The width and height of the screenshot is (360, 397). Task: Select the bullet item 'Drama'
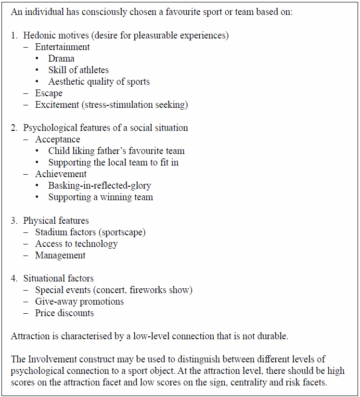(61, 59)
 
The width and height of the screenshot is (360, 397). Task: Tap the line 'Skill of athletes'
(78, 70)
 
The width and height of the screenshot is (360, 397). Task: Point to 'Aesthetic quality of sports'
(99, 82)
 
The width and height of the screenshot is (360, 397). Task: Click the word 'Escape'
(49, 93)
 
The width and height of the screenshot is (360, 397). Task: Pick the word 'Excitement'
(57, 105)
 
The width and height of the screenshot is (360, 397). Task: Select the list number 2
(14, 128)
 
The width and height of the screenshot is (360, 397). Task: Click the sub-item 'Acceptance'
(57, 140)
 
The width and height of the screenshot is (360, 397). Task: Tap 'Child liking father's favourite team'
(116, 151)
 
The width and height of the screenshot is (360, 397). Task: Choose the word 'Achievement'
(61, 174)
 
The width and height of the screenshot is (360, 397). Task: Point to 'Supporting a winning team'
(101, 197)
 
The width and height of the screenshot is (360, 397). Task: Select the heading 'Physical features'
(56, 221)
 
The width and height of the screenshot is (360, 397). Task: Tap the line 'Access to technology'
(76, 244)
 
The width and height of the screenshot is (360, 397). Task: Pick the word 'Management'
(60, 256)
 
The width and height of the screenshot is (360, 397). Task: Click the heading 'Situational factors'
(58, 279)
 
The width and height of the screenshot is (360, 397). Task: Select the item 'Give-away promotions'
(79, 302)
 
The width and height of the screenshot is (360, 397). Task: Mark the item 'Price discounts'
(64, 313)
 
